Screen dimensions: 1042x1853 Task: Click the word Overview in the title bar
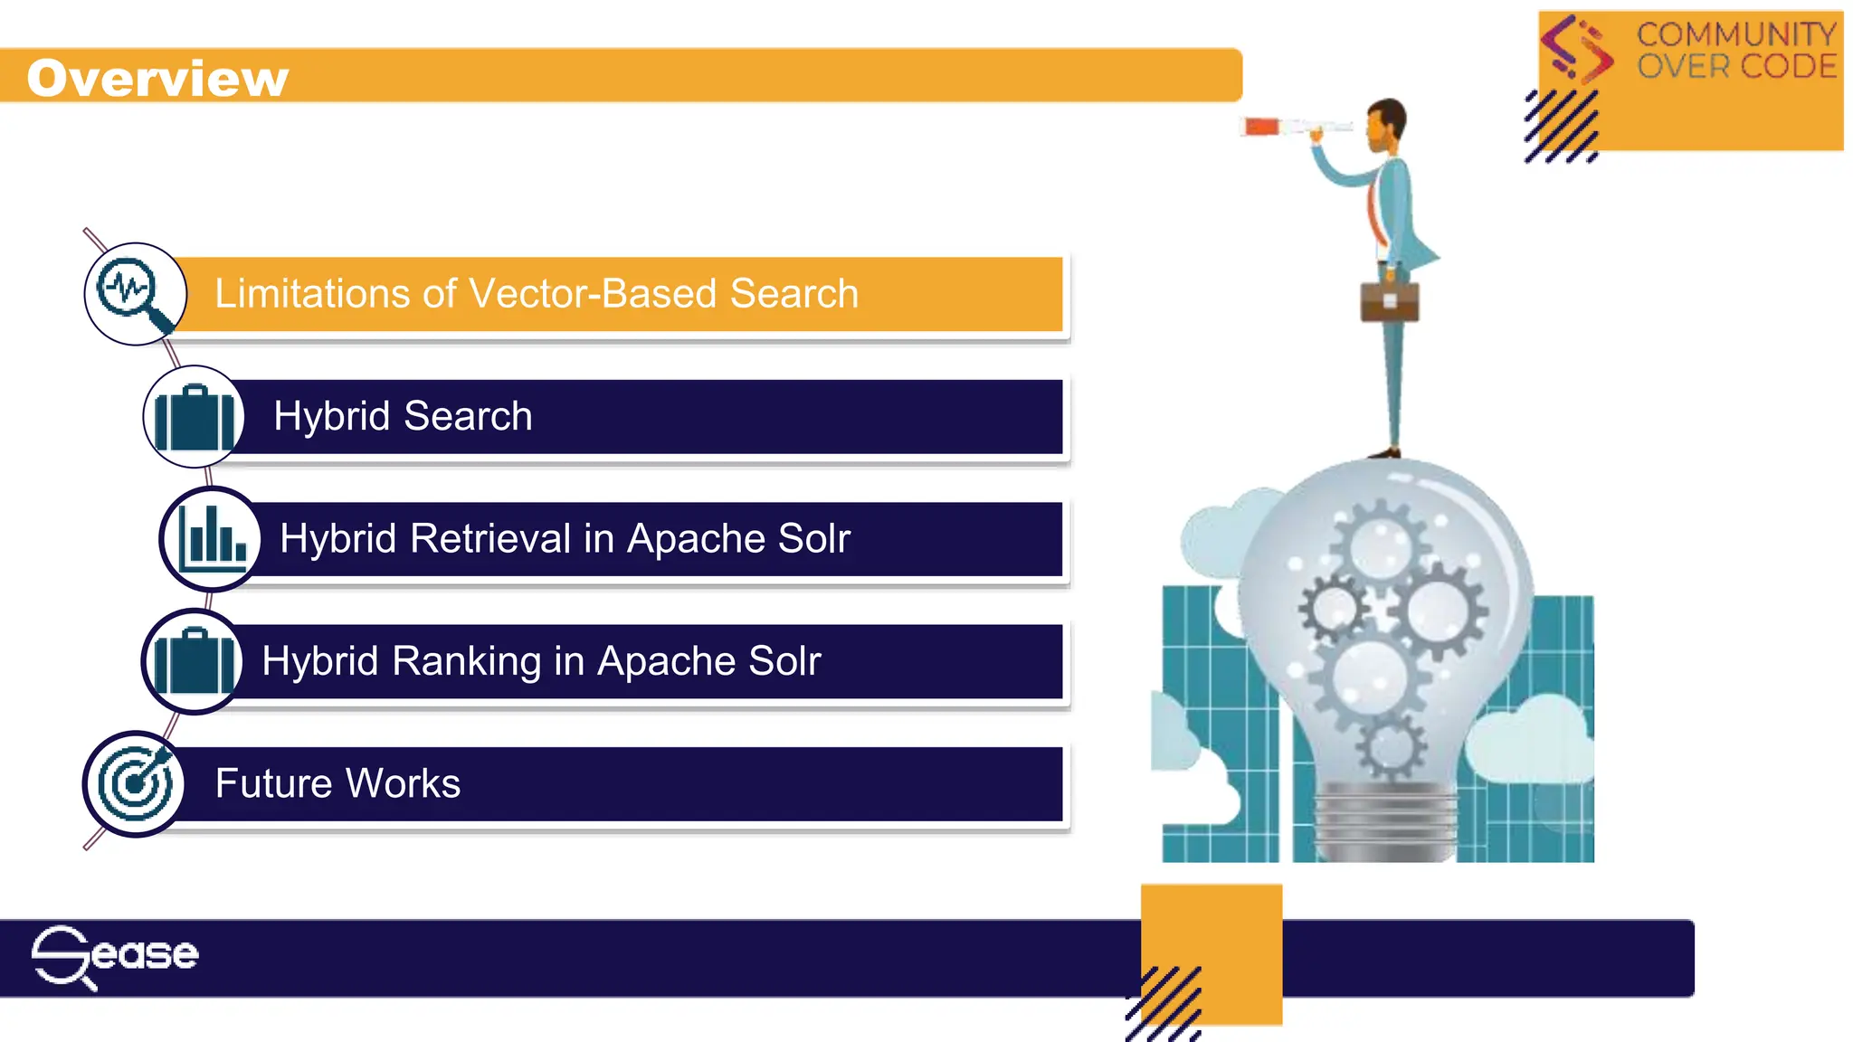pyautogui.click(x=157, y=78)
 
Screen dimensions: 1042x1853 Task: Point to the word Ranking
pyautogui.click(x=466, y=661)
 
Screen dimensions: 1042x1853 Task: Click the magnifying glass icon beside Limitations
pyautogui.click(x=135, y=294)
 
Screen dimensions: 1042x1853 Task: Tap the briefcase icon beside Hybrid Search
pyautogui.click(x=194, y=417)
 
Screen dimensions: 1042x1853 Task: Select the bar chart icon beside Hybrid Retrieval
pyautogui.click(x=211, y=539)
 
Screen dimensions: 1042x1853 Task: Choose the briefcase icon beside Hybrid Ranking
pyautogui.click(x=193, y=661)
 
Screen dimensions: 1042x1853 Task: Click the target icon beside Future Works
pyautogui.click(x=135, y=783)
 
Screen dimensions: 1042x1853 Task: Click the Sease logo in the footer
pyautogui.click(x=115, y=956)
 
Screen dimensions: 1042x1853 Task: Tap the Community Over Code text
pyautogui.click(x=1735, y=51)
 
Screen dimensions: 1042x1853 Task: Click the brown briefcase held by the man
pyautogui.click(x=1390, y=301)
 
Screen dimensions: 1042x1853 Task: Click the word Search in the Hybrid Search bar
pyautogui.click(x=468, y=417)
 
